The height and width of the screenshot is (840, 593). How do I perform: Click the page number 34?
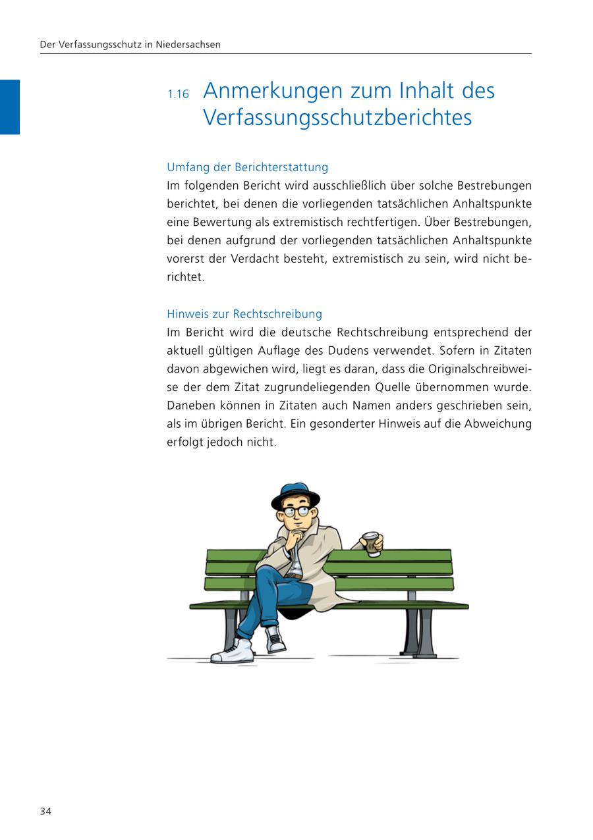tap(45, 811)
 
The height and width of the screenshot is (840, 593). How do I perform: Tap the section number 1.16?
tap(178, 94)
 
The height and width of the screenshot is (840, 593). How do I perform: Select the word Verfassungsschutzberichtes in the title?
tap(337, 118)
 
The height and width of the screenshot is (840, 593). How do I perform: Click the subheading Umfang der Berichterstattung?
tap(247, 167)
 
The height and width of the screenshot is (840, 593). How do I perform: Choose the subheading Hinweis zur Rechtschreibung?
tap(244, 314)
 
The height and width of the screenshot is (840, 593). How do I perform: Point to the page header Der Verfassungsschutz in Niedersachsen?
tap(130, 45)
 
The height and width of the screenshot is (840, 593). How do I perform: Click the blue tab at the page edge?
tap(10, 107)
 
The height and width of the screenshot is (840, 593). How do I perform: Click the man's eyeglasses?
tap(296, 511)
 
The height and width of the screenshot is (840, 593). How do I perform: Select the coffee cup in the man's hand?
tap(372, 544)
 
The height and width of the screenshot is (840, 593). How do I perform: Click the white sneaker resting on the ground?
tap(234, 652)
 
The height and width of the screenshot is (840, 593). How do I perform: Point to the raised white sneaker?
tap(275, 638)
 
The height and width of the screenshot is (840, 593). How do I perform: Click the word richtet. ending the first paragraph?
tap(186, 277)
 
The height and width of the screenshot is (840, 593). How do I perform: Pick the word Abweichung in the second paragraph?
tap(497, 424)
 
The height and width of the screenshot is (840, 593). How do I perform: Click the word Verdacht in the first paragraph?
tap(255, 259)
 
